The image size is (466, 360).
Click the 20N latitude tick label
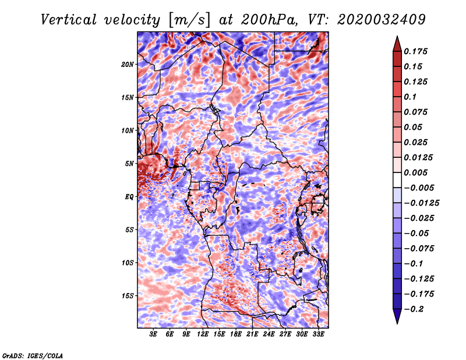coord(128,64)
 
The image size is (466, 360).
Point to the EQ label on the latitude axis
coord(129,197)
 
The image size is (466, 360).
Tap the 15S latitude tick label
coord(128,296)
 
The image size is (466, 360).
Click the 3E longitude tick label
coord(154,335)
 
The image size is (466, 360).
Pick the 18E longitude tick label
coord(236,335)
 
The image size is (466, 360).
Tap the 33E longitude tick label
coord(318,335)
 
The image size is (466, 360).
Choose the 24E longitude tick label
coord(269,335)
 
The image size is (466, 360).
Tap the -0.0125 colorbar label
coord(423,203)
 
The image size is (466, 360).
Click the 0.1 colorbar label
coord(411,97)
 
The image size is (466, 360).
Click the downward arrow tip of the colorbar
coord(397,322)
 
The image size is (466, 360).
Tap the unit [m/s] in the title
coord(188,20)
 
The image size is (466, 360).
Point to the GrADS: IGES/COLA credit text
coord(33,355)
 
